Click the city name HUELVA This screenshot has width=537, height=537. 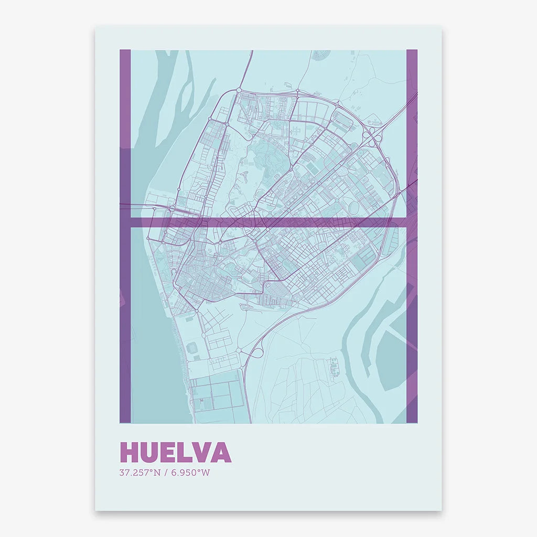[x=175, y=453]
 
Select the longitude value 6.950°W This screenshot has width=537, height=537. [x=191, y=472]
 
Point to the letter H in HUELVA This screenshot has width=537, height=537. [x=129, y=453]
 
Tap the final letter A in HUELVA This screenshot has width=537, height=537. [x=221, y=453]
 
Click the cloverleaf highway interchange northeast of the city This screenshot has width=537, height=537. [x=372, y=131]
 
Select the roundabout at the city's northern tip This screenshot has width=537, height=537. [x=239, y=90]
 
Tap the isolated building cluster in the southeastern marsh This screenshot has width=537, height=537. [x=333, y=367]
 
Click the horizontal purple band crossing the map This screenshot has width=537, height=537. [x=315, y=222]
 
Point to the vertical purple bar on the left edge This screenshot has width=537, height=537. [x=125, y=315]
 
